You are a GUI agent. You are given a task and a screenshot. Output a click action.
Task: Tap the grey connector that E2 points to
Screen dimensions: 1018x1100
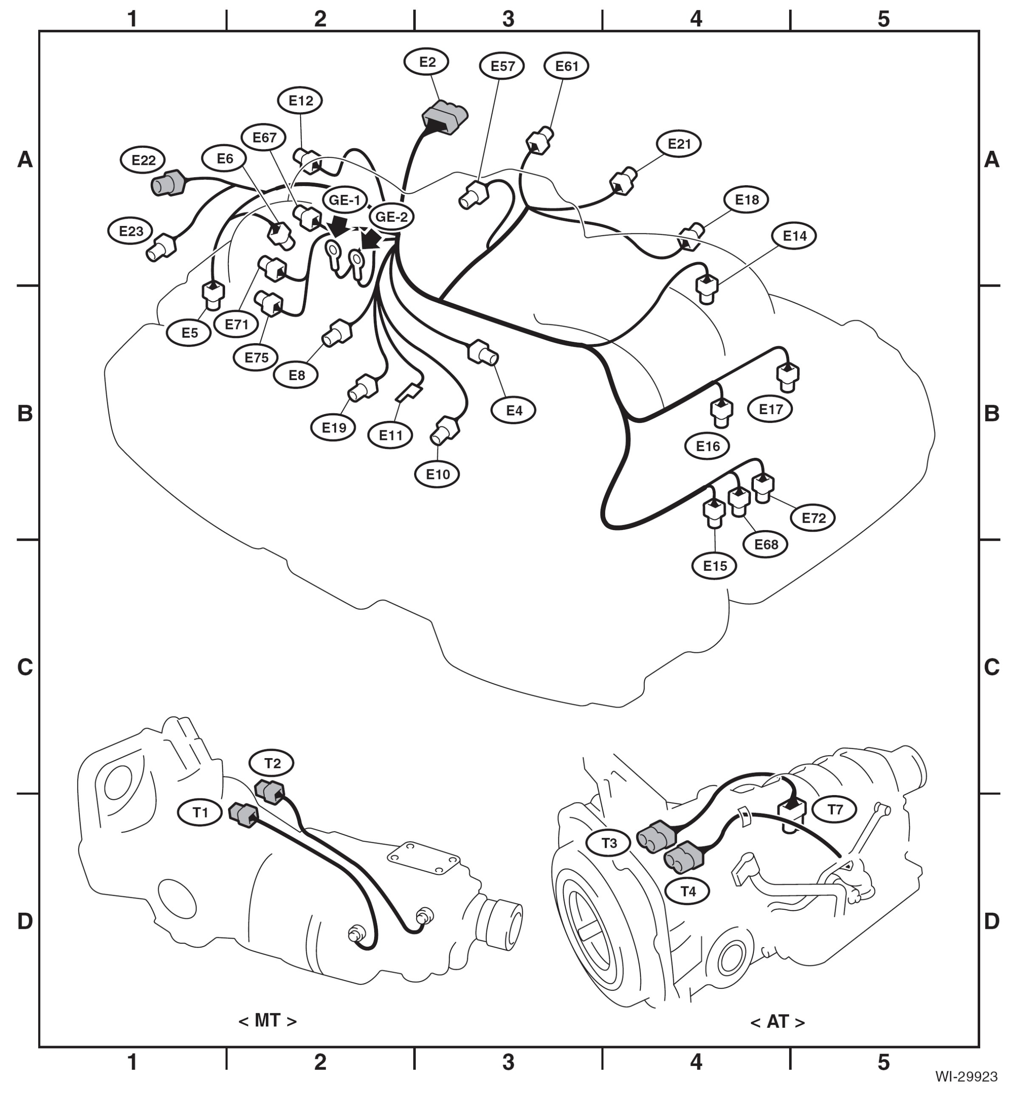click(444, 117)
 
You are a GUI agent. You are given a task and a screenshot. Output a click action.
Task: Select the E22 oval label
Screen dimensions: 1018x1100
click(144, 160)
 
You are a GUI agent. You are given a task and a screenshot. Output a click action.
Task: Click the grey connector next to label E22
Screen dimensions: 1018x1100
click(169, 183)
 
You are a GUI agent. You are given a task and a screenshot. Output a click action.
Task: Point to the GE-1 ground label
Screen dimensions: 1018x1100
click(345, 200)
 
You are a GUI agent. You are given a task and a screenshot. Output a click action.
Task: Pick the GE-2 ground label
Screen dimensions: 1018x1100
click(392, 217)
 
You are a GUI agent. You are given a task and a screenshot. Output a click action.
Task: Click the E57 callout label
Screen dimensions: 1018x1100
click(502, 66)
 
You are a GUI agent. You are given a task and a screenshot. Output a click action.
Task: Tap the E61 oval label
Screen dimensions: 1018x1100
click(566, 66)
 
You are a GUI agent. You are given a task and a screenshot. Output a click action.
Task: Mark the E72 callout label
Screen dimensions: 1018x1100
click(813, 518)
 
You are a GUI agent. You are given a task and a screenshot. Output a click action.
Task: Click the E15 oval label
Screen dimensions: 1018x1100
click(714, 566)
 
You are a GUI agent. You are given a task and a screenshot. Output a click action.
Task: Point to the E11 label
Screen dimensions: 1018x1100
click(391, 436)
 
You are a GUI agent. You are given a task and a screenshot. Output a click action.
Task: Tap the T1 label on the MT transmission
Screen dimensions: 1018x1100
click(200, 812)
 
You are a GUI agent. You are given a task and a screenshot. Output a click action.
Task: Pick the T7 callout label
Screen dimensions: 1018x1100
click(835, 809)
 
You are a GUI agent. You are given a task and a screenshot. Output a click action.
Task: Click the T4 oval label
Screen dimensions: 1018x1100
click(688, 891)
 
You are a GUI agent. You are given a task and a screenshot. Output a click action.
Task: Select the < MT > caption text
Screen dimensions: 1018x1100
click(268, 1021)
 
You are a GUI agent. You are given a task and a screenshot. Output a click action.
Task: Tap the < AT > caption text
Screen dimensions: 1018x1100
click(777, 1022)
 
